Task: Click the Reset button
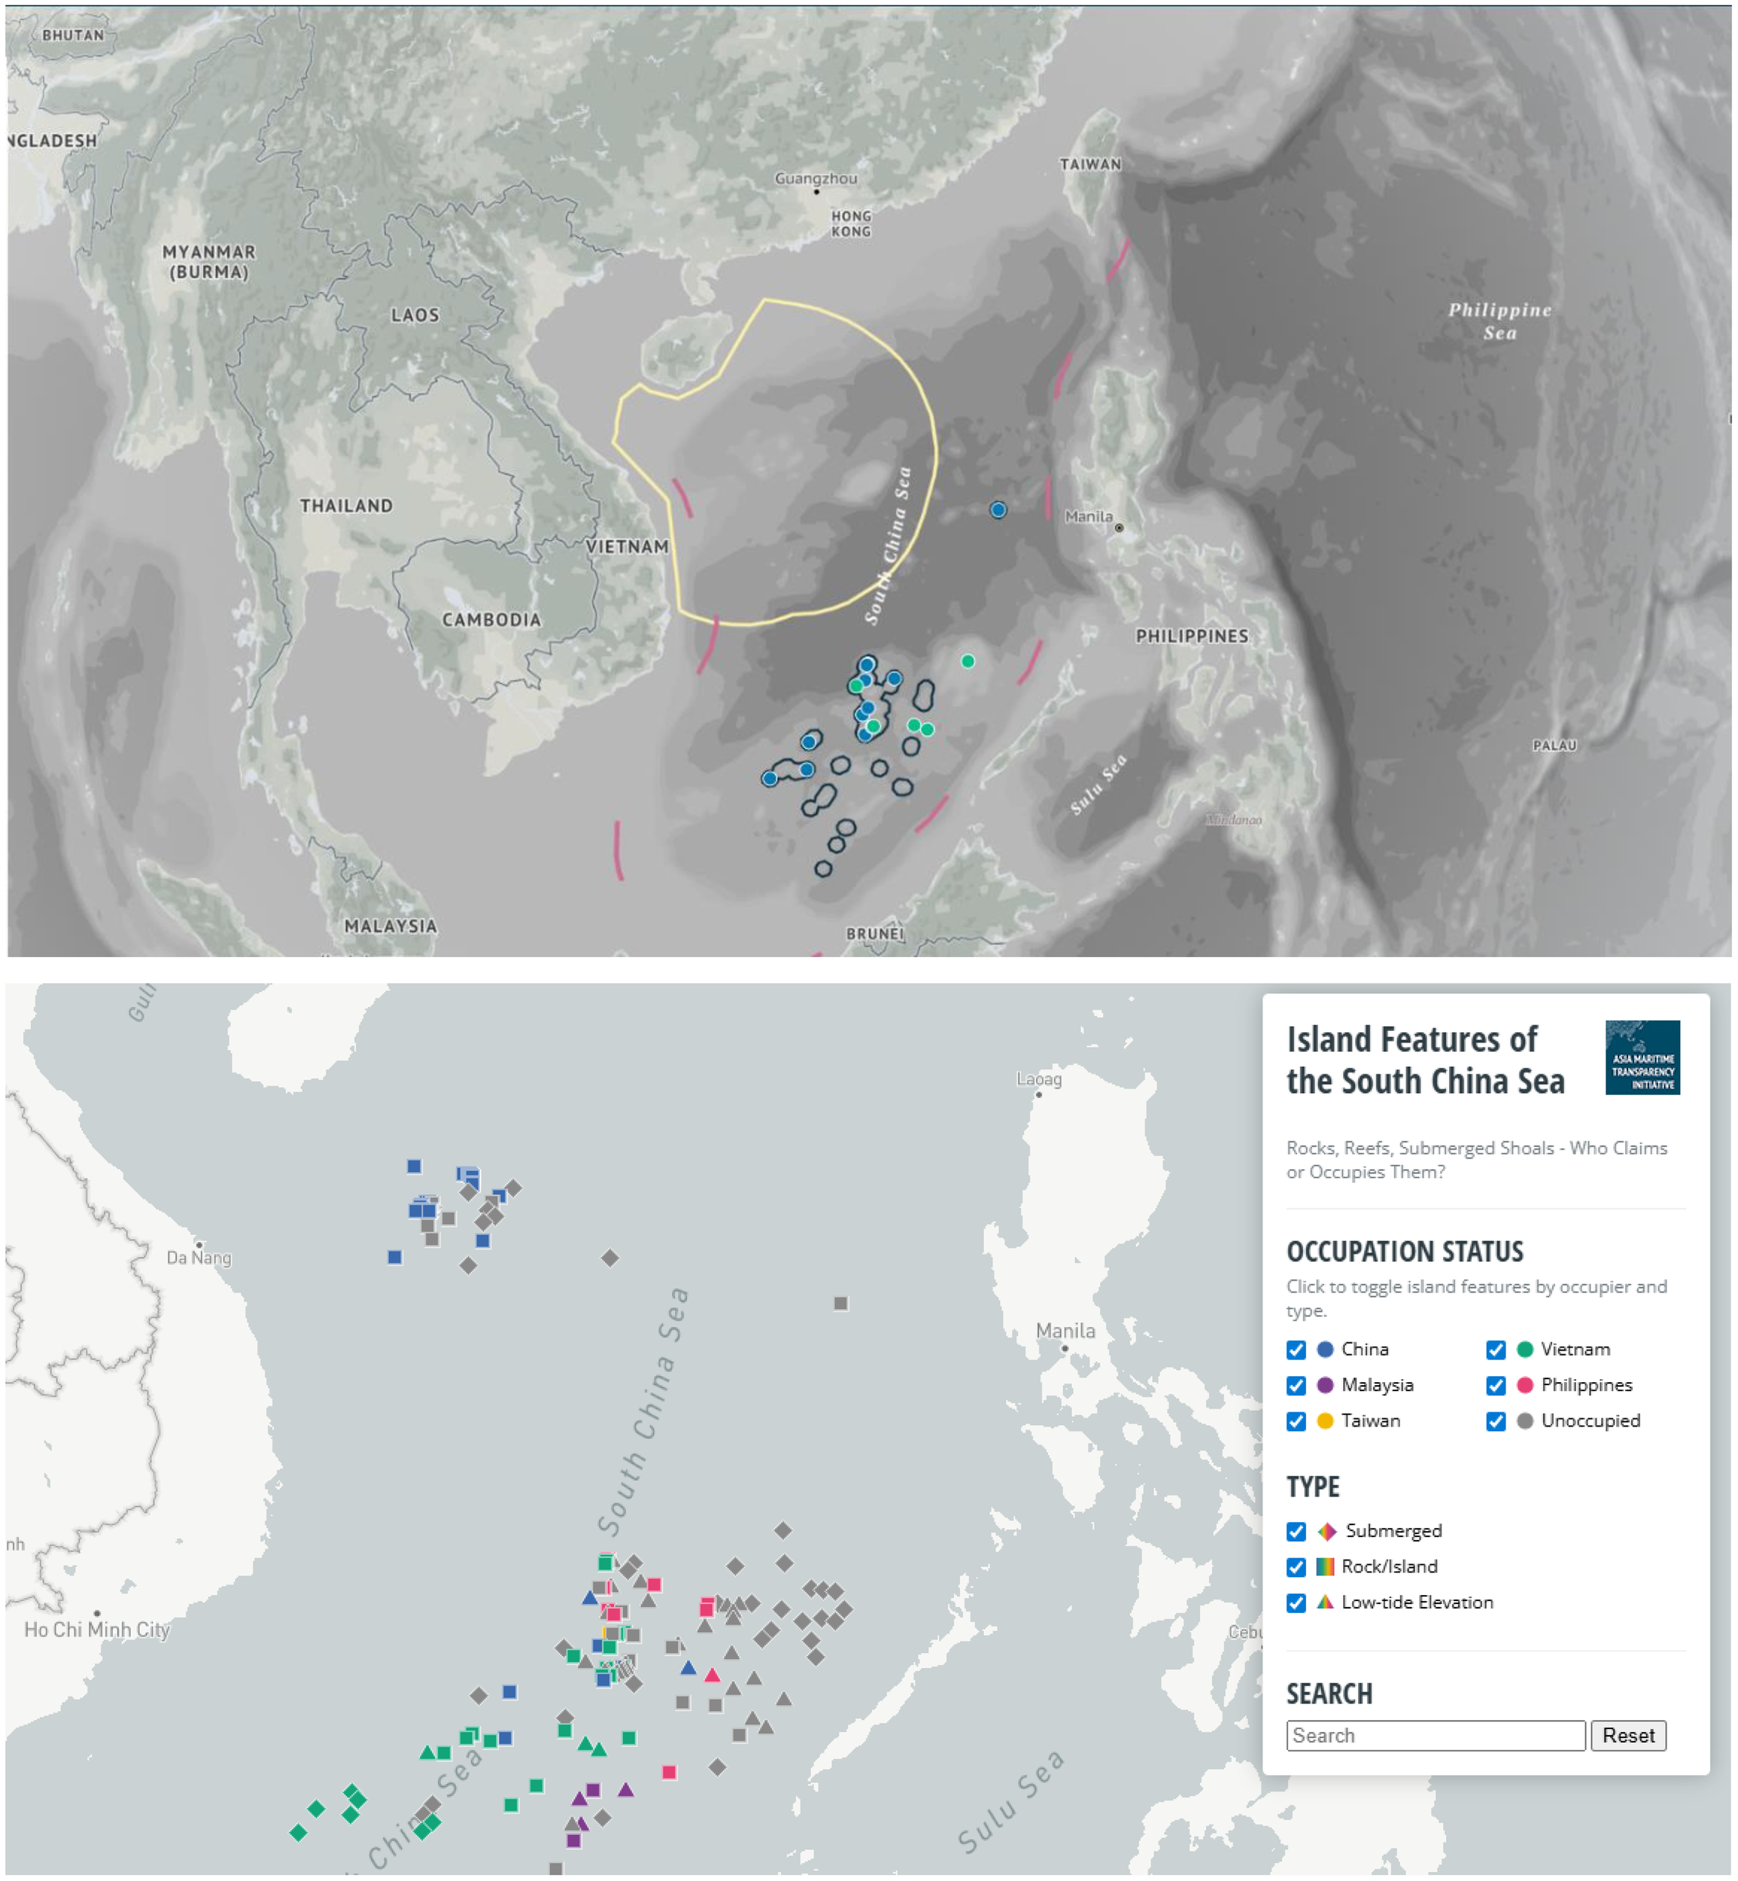click(x=1628, y=1735)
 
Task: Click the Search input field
click(x=1436, y=1735)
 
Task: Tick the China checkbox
click(x=1296, y=1350)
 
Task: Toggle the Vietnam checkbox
click(x=1496, y=1350)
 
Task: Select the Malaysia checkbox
click(x=1296, y=1385)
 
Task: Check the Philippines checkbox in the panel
click(x=1496, y=1385)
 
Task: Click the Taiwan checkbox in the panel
click(x=1296, y=1421)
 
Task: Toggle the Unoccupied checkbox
click(x=1496, y=1421)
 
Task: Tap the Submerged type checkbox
click(x=1296, y=1531)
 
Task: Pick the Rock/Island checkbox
click(x=1296, y=1566)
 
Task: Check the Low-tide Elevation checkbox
click(x=1296, y=1603)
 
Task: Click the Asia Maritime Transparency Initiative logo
click(x=1642, y=1057)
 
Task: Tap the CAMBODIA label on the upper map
click(x=492, y=620)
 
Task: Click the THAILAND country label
click(x=346, y=506)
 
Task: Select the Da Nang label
click(x=199, y=1257)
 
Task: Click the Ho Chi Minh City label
click(x=97, y=1630)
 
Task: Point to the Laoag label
click(x=1038, y=1079)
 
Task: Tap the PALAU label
click(x=1554, y=746)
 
